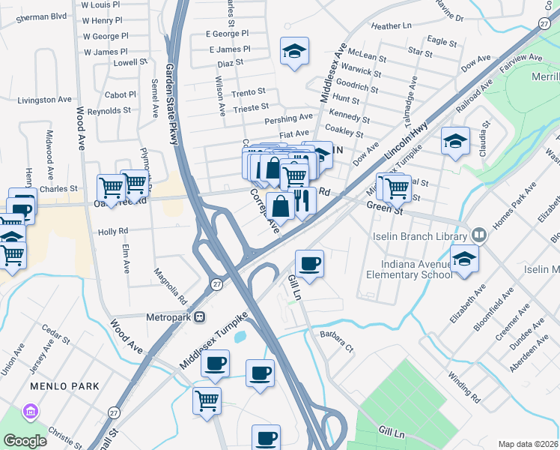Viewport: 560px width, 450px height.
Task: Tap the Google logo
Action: click(x=25, y=440)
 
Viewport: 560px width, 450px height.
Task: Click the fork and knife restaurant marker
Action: click(x=302, y=202)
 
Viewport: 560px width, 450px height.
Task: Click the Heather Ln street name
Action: click(x=391, y=26)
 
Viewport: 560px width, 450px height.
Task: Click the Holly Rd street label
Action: click(x=113, y=232)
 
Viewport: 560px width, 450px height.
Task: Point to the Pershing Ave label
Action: click(x=288, y=118)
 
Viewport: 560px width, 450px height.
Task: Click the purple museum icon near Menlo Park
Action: click(x=30, y=410)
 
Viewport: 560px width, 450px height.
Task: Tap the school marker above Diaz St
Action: click(x=294, y=52)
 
